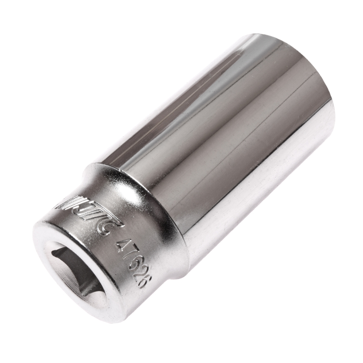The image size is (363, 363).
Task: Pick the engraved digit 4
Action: pyautogui.click(x=123, y=245)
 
